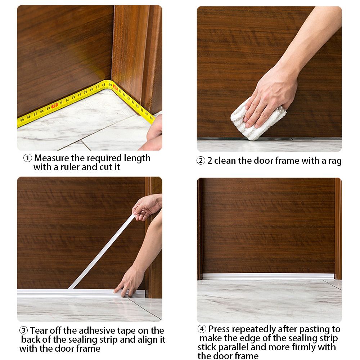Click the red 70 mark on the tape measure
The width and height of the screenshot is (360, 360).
coord(54,105)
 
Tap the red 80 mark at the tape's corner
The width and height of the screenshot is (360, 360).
coord(115,86)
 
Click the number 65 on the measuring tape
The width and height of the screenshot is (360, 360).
coord(23,119)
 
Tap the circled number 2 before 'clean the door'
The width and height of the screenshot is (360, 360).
coord(201,161)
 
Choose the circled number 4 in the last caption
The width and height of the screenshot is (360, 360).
coord(202,329)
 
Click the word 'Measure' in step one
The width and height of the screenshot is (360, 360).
coord(51,158)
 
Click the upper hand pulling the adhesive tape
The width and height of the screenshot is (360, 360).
coord(146,207)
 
